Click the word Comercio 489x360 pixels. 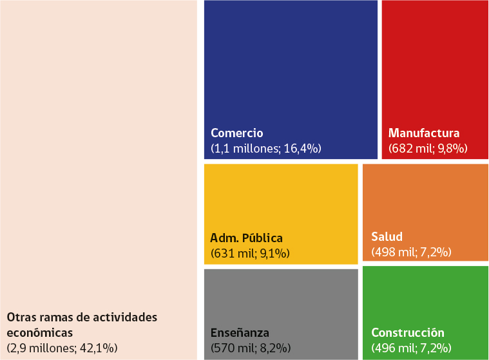[x=237, y=133]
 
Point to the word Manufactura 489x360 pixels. [x=424, y=133]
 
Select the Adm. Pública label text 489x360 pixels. [x=247, y=238]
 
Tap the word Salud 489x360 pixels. [x=387, y=236]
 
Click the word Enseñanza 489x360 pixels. [x=240, y=333]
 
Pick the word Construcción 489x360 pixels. [x=408, y=333]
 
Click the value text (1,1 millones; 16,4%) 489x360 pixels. [x=266, y=149]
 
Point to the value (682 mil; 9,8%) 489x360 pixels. [x=428, y=149]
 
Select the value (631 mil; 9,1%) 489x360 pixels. [x=251, y=253]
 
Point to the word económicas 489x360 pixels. [x=39, y=333]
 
